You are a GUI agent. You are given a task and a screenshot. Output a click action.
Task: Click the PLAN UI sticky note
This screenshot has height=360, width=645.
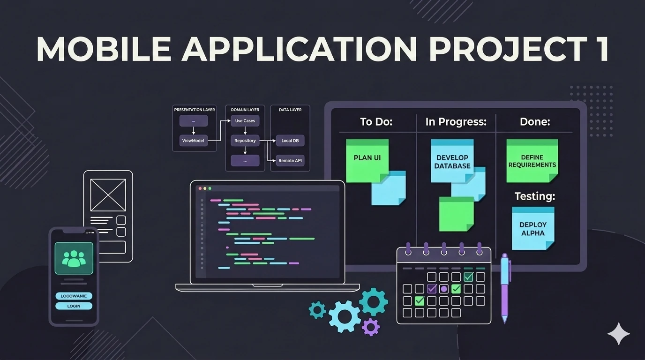pyautogui.click(x=367, y=161)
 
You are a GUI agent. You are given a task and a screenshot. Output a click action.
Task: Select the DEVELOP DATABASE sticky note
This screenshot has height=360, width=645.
pyautogui.click(x=452, y=161)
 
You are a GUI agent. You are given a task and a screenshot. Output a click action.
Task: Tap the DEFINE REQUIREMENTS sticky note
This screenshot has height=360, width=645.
pyautogui.click(x=532, y=161)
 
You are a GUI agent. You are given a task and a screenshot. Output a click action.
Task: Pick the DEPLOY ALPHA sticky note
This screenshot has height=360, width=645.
pyautogui.click(x=533, y=228)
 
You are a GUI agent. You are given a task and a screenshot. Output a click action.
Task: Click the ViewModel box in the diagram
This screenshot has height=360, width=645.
pyautogui.click(x=193, y=141)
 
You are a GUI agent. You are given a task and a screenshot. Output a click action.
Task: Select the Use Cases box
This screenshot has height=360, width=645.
pyautogui.click(x=245, y=120)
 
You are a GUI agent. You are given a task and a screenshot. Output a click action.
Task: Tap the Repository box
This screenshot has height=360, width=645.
pyautogui.click(x=245, y=141)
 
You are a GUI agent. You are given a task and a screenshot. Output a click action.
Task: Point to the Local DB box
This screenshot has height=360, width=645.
pyautogui.click(x=290, y=141)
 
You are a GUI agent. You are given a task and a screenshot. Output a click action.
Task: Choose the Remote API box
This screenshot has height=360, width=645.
pyautogui.click(x=290, y=160)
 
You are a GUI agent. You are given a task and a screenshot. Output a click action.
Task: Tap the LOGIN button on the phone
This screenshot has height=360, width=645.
pyautogui.click(x=74, y=306)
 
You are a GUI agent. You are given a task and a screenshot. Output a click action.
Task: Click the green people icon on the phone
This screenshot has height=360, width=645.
pyautogui.click(x=74, y=258)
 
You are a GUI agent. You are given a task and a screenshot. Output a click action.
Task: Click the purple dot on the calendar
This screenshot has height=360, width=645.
pyautogui.click(x=444, y=289)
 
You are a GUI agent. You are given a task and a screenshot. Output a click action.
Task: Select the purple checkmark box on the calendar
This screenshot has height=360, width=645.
pyautogui.click(x=432, y=289)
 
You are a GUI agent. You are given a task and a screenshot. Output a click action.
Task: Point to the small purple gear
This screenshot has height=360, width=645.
pyautogui.click(x=371, y=327)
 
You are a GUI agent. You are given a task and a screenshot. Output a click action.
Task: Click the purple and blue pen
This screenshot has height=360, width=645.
pyautogui.click(x=505, y=288)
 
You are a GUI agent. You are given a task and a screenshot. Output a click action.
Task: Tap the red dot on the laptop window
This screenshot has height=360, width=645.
pyautogui.click(x=200, y=188)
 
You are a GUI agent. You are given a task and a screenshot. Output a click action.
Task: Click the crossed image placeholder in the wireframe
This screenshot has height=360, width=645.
pyautogui.click(x=108, y=195)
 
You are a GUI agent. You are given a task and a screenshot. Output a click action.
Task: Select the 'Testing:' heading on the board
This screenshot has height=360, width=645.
pyautogui.click(x=535, y=196)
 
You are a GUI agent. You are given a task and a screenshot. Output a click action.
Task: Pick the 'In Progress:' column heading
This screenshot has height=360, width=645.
pyautogui.click(x=456, y=122)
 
